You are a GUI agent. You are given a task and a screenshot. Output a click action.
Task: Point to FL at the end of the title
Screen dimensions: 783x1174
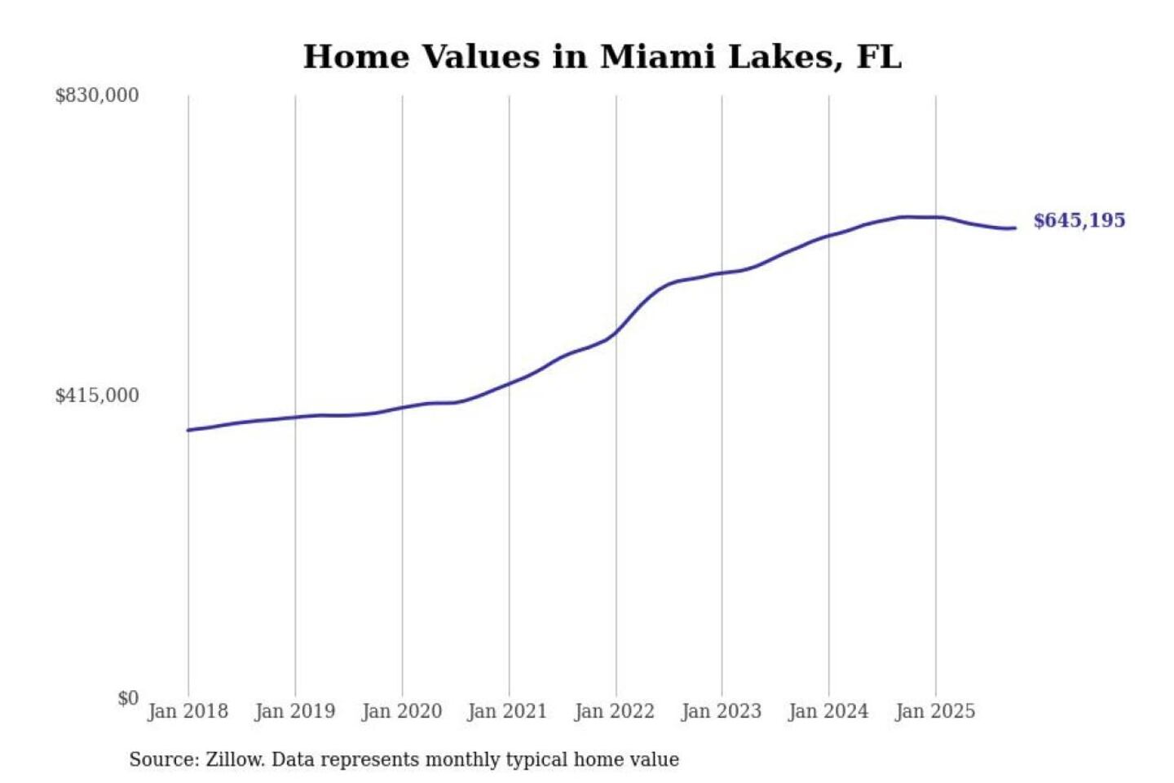(x=879, y=57)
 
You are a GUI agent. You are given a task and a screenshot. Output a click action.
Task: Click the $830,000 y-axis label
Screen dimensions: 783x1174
(x=97, y=95)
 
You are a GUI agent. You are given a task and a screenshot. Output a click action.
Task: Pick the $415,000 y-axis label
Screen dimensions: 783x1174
(x=97, y=396)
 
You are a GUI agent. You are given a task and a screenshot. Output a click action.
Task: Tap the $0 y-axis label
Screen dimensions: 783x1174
(x=128, y=698)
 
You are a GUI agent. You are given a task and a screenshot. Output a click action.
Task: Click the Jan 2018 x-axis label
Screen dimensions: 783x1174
(x=188, y=711)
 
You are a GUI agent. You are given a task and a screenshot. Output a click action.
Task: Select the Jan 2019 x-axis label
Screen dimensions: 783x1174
(x=294, y=711)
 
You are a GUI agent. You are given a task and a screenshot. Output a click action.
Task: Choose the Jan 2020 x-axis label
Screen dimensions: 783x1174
(x=401, y=711)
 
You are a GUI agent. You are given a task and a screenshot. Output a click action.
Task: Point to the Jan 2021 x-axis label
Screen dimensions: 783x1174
(x=507, y=711)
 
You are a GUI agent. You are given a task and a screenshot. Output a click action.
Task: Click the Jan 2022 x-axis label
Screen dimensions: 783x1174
(x=614, y=711)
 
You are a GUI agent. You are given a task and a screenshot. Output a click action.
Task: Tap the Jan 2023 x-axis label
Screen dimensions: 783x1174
(x=721, y=711)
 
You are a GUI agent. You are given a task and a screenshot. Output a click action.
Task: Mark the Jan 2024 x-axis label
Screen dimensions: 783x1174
(x=828, y=711)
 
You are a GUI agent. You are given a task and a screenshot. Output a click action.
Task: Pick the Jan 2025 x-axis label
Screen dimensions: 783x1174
(x=934, y=711)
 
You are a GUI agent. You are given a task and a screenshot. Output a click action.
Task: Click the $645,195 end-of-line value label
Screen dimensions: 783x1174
(x=1079, y=220)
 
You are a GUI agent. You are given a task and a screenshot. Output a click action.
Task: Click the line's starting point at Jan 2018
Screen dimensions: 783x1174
(x=188, y=430)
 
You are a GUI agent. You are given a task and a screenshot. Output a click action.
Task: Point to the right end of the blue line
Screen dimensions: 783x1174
(x=1015, y=228)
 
